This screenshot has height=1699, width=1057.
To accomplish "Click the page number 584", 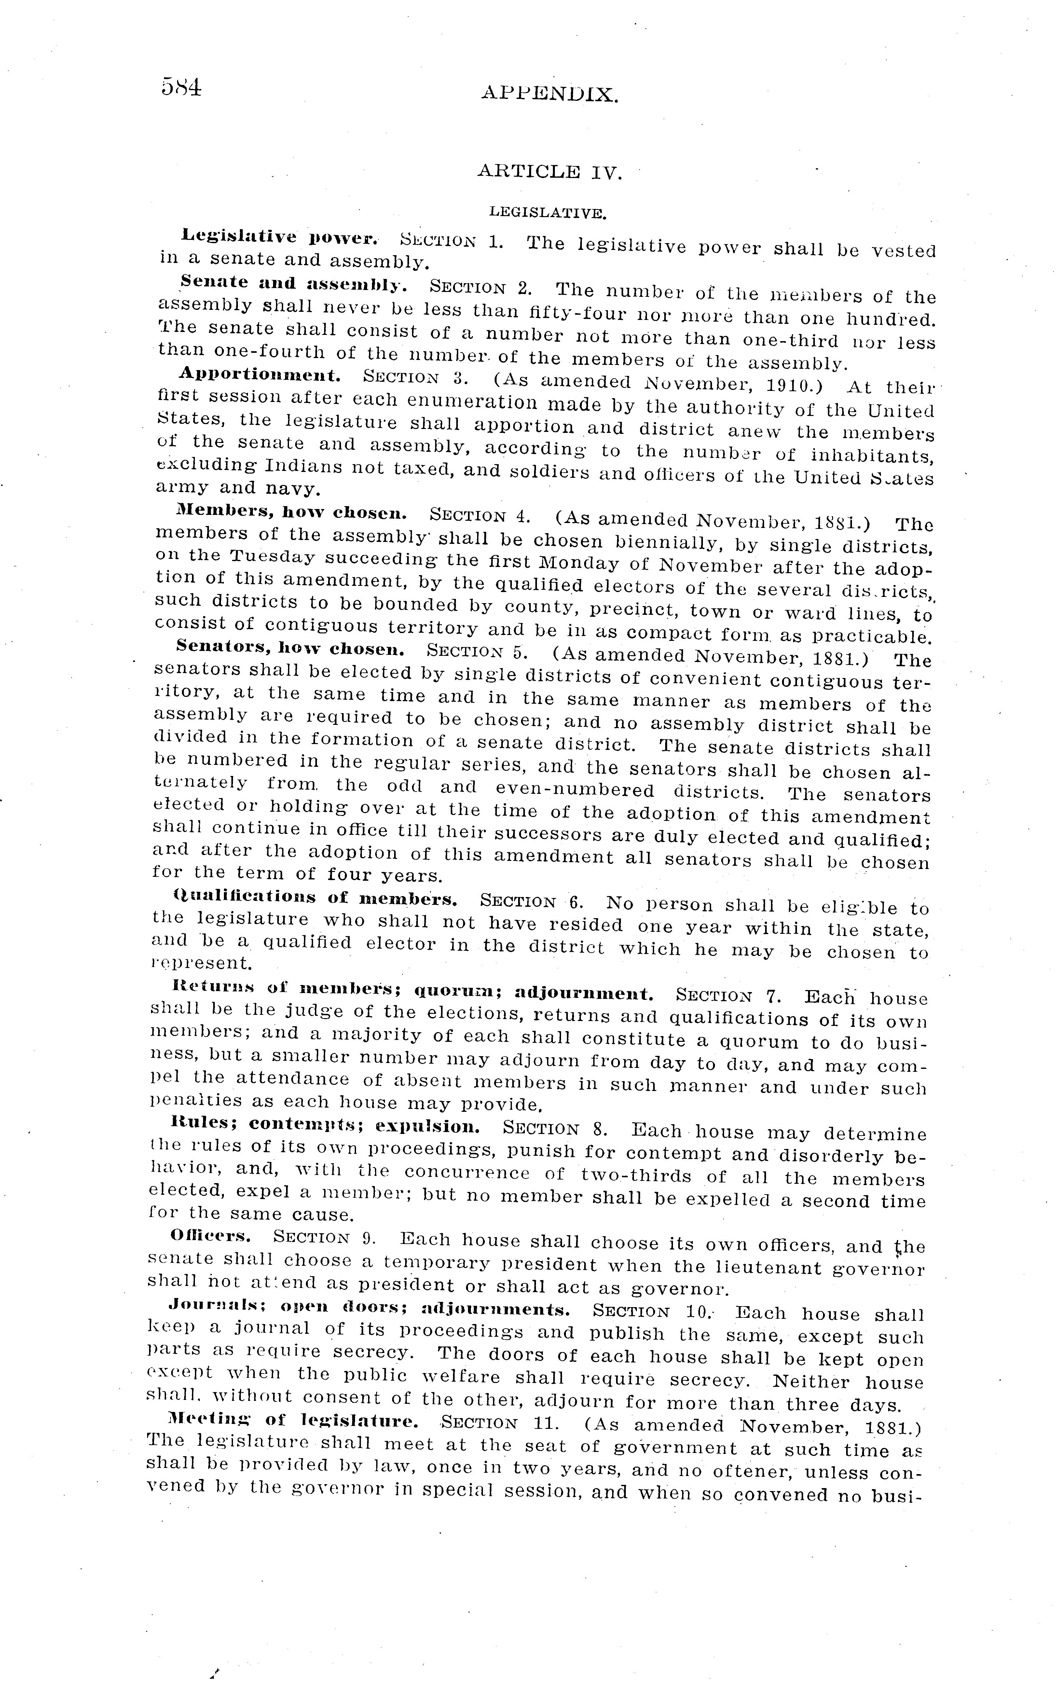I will click(181, 87).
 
